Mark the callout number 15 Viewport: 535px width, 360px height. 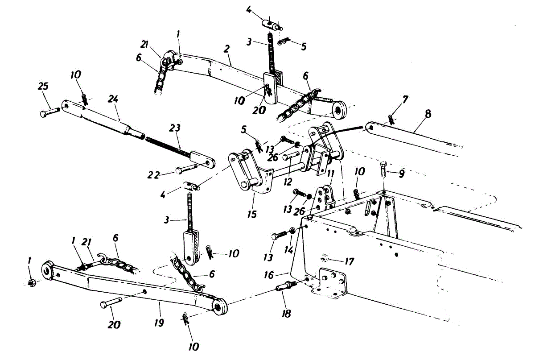(x=252, y=214)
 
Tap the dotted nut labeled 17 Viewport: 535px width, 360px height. (x=324, y=258)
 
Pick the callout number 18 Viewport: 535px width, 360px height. (x=286, y=313)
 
